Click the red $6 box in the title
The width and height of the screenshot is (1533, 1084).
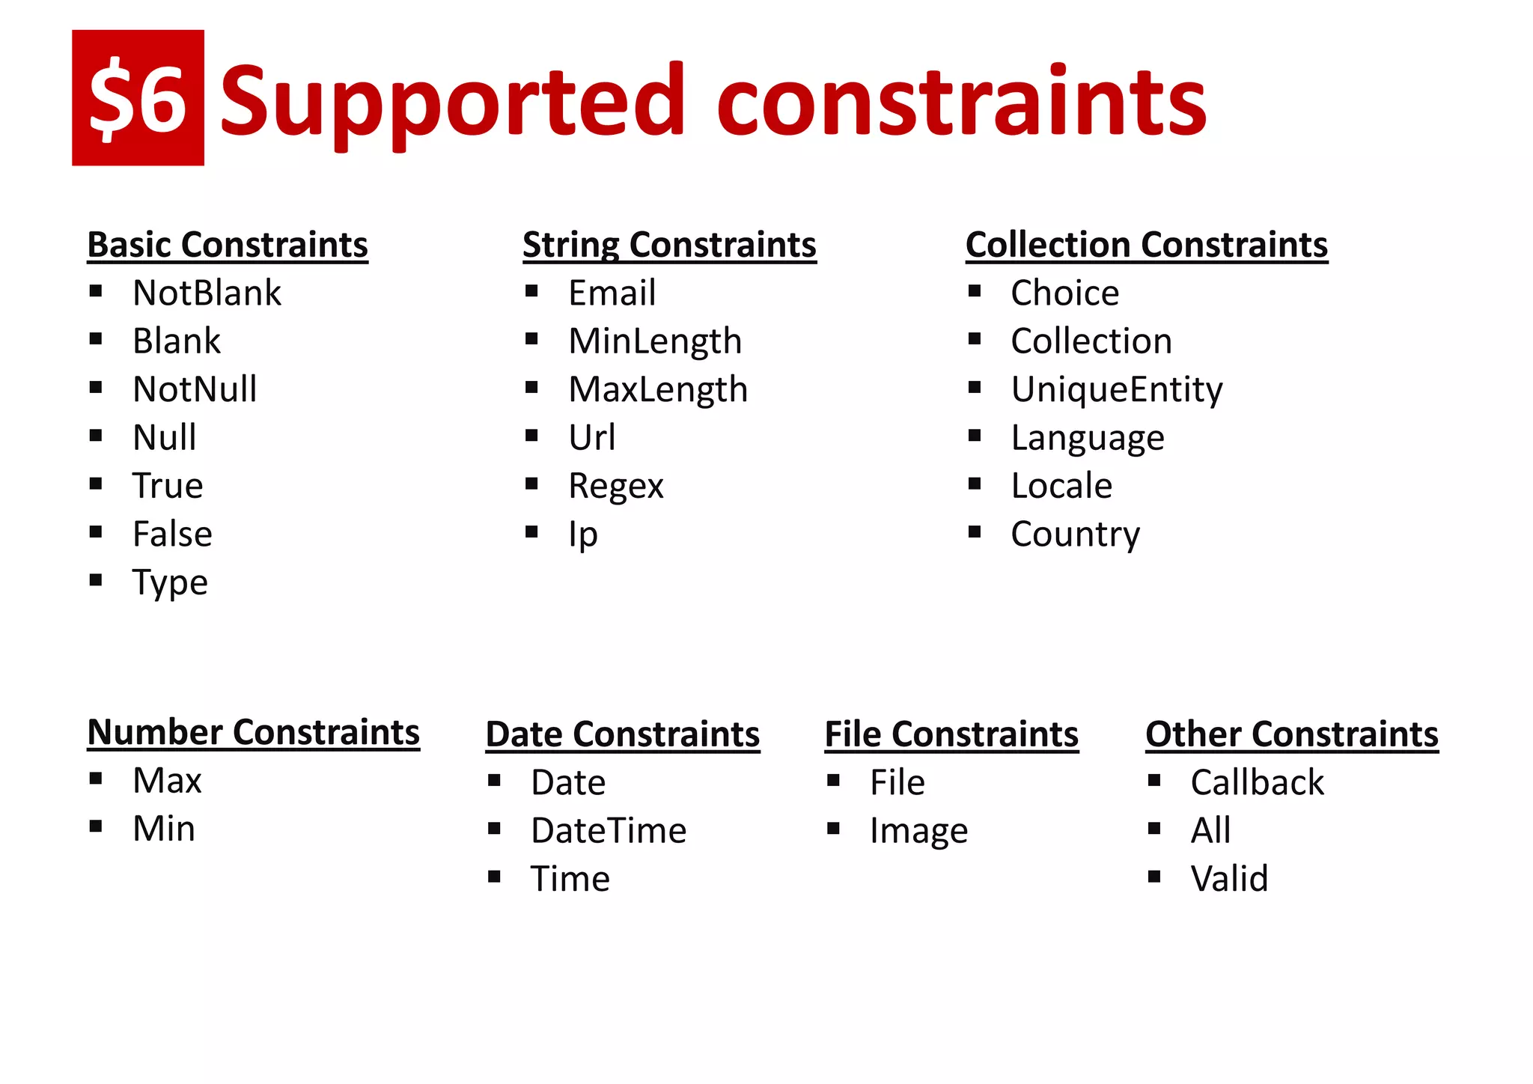click(x=138, y=98)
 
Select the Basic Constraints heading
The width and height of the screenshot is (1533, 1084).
click(x=228, y=245)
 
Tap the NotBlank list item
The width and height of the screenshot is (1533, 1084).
click(x=207, y=293)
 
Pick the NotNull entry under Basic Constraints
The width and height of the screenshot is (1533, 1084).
click(x=195, y=389)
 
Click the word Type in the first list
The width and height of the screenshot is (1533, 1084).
click(x=170, y=582)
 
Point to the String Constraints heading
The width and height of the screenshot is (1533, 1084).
click(x=669, y=245)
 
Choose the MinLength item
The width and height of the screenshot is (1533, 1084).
click(x=655, y=341)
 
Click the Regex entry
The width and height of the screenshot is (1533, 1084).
click(x=615, y=487)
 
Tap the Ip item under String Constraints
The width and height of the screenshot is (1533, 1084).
click(x=583, y=535)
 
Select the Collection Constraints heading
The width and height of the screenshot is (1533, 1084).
click(x=1146, y=245)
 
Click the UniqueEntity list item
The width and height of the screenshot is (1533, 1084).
click(x=1117, y=389)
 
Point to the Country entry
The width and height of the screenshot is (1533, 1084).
click(x=1075, y=535)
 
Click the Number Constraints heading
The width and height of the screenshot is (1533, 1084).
click(x=253, y=732)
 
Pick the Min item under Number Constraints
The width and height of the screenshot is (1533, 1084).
click(x=164, y=829)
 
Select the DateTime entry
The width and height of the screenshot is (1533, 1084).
click(x=609, y=831)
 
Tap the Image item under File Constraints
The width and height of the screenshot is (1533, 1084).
click(x=918, y=831)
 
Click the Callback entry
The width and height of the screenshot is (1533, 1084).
click(x=1257, y=782)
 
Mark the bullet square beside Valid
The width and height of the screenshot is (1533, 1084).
click(x=1154, y=877)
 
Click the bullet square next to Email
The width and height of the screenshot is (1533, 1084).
click(x=531, y=291)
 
